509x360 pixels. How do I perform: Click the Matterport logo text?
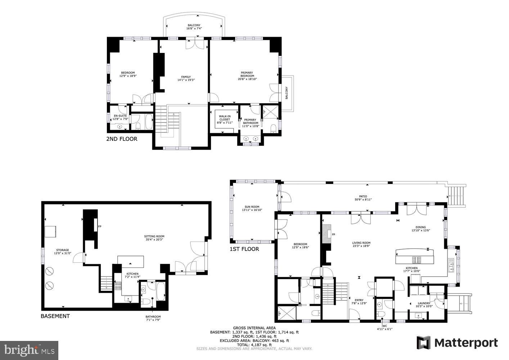pyautogui.click(x=466, y=343)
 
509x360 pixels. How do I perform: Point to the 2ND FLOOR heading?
pyautogui.click(x=122, y=139)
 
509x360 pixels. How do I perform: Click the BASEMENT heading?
pyautogui.click(x=55, y=316)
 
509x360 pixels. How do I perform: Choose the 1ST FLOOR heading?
pyautogui.click(x=244, y=249)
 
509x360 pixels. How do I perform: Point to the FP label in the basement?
pyautogui.click(x=99, y=226)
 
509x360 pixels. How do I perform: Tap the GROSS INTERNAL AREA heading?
pyautogui.click(x=254, y=328)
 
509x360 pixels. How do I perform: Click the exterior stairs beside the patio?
pyautogui.click(x=457, y=196)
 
